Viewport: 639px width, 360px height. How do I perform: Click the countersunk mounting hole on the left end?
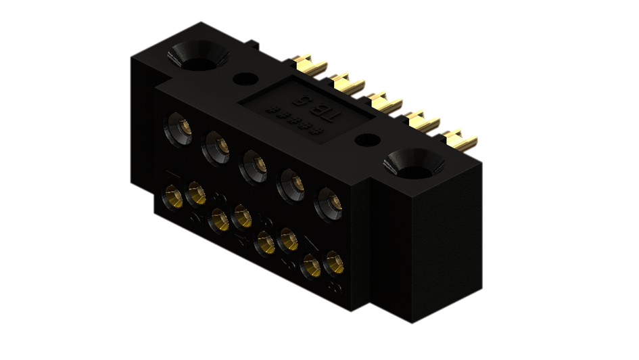point(199,58)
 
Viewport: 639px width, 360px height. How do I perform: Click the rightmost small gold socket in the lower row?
point(333,263)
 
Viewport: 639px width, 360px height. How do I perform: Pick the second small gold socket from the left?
point(197,194)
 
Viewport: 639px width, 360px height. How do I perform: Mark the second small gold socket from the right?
point(311,265)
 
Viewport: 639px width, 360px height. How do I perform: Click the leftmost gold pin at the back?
point(312,64)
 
